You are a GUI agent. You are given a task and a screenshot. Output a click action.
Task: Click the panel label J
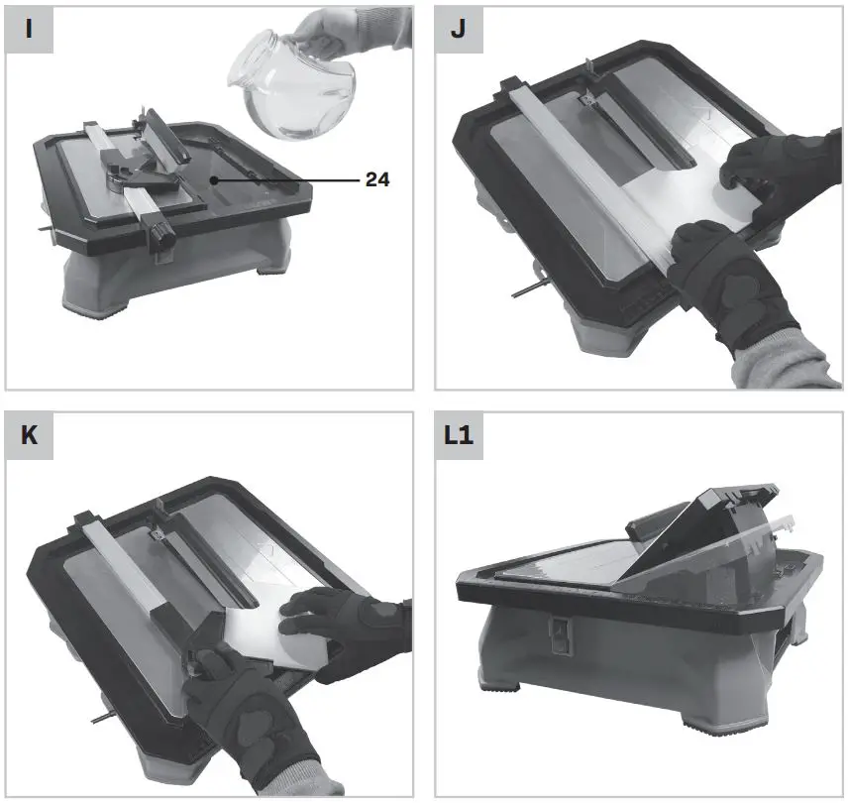[x=458, y=29]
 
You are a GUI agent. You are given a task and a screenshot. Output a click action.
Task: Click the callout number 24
[x=376, y=180]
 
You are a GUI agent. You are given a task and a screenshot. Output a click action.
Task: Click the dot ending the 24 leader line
[x=214, y=181]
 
